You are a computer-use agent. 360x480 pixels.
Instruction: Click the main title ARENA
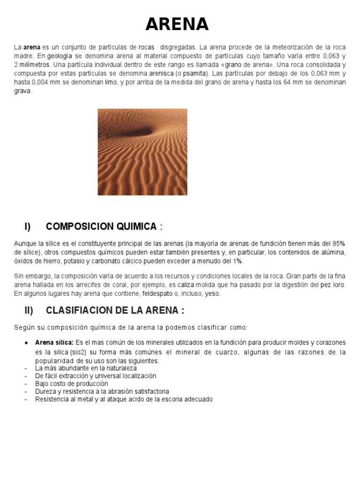(x=177, y=23)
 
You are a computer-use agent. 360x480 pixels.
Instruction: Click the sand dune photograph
(x=142, y=152)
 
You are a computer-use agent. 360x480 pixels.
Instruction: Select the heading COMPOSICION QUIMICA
(x=101, y=227)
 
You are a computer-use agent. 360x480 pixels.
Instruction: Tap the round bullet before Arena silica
(x=26, y=343)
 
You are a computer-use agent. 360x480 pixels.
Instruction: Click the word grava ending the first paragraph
(x=23, y=91)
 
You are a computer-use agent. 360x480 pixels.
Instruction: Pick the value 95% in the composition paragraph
(x=338, y=243)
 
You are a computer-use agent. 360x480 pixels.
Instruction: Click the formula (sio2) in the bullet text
(x=81, y=352)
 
